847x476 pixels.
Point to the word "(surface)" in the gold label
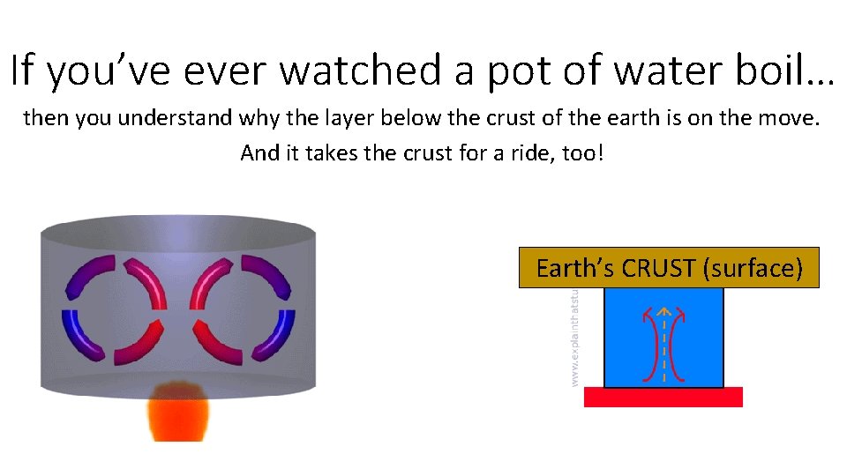click(753, 268)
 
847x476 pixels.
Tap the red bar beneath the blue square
click(663, 398)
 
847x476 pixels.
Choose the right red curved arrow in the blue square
click(677, 344)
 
